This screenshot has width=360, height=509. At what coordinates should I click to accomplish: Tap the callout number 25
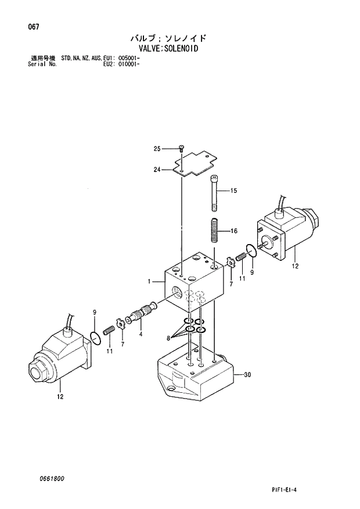click(x=157, y=149)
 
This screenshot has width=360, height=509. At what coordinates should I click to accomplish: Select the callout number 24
click(x=157, y=170)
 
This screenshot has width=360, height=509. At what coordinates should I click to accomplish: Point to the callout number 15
click(x=234, y=191)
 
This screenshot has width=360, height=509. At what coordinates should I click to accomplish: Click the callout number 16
click(x=234, y=231)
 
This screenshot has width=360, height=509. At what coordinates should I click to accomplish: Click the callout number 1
click(x=149, y=282)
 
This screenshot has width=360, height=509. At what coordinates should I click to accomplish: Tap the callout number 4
click(x=141, y=334)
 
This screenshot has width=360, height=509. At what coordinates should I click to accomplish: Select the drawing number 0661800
click(x=52, y=478)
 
